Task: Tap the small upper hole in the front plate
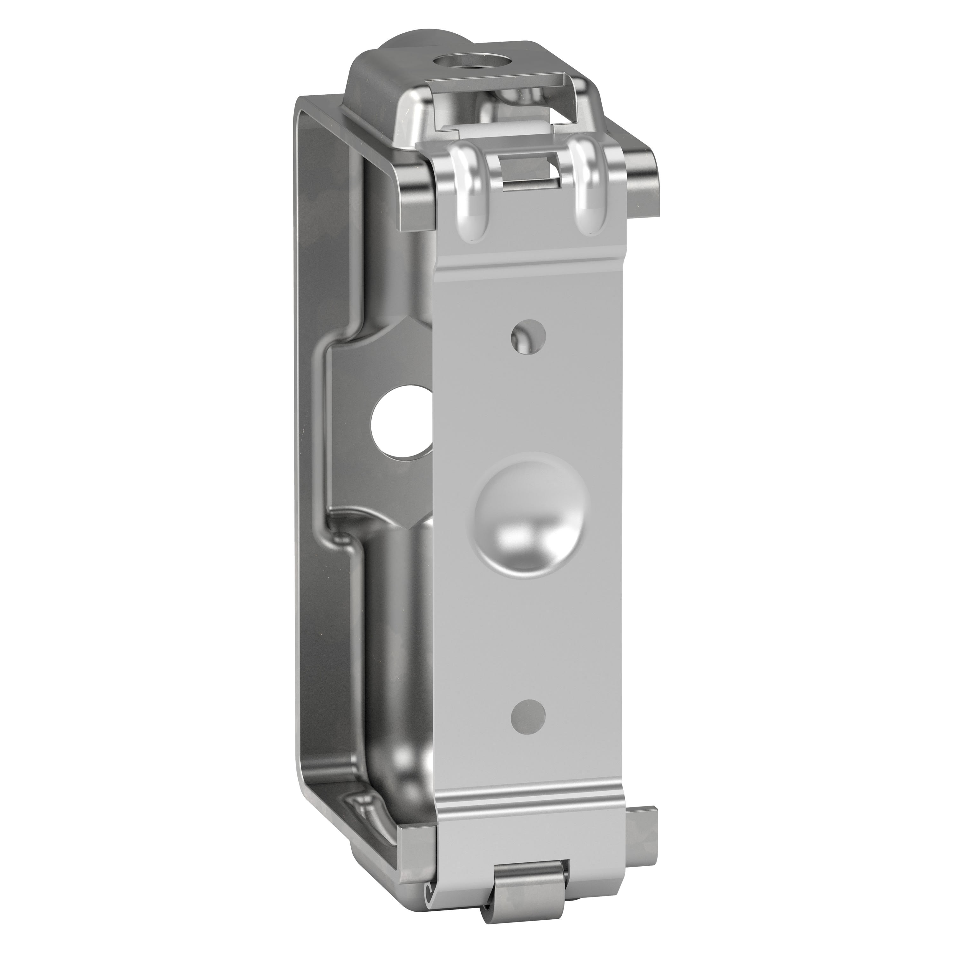tap(528, 337)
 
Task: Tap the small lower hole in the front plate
tap(528, 716)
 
